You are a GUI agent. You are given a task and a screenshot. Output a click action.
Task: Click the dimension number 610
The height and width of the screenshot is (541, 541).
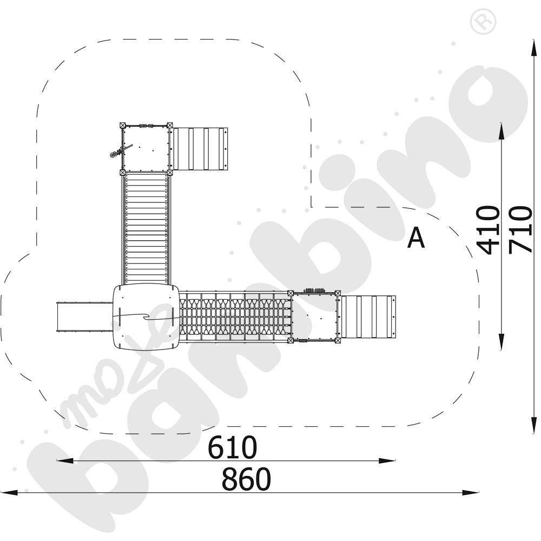(x=232, y=447)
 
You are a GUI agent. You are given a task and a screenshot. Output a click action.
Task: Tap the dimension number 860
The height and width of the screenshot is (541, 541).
(x=246, y=479)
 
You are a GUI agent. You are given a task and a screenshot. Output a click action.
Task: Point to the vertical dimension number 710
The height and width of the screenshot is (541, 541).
(x=520, y=229)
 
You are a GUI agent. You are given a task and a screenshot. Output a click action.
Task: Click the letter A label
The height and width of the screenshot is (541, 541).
(x=415, y=237)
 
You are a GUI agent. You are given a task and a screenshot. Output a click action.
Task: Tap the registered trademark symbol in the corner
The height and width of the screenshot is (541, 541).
(x=483, y=21)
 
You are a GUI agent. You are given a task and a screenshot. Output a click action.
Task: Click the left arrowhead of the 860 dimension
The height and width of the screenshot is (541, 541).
(x=9, y=493)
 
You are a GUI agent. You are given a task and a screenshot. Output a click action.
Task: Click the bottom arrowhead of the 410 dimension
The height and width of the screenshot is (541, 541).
(x=502, y=342)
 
